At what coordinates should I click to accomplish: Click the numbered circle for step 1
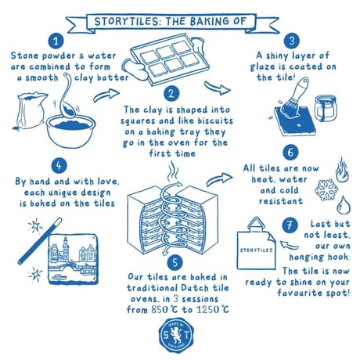56,41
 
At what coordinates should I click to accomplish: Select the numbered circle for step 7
290,225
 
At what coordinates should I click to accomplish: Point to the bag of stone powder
31,111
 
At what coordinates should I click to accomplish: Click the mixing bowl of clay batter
70,131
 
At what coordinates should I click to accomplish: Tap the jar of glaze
326,108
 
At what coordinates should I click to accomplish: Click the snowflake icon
326,189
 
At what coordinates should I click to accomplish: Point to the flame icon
342,170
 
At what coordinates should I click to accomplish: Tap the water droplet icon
344,205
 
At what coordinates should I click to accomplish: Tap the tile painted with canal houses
74,259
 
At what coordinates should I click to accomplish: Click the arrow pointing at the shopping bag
289,245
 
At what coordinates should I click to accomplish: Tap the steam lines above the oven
172,171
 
